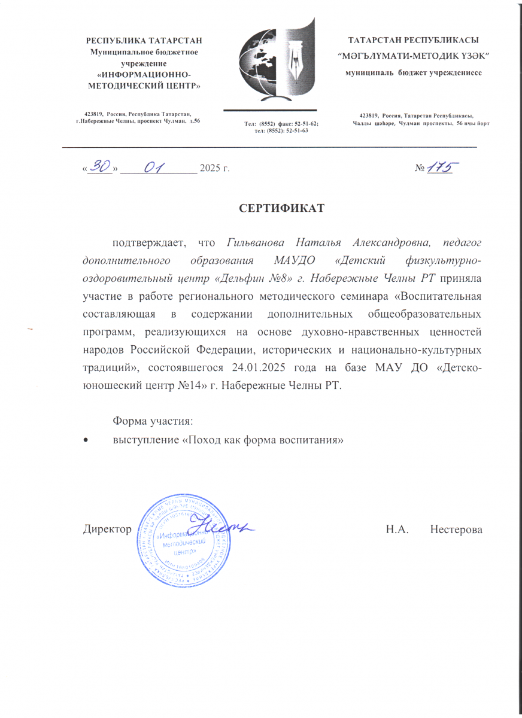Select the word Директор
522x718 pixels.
pos(107,530)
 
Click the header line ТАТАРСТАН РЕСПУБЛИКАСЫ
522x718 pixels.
pos(413,41)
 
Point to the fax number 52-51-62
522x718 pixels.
pos(305,123)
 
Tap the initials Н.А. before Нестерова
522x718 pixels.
pos(397,530)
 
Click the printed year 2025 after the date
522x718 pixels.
pos(211,170)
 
